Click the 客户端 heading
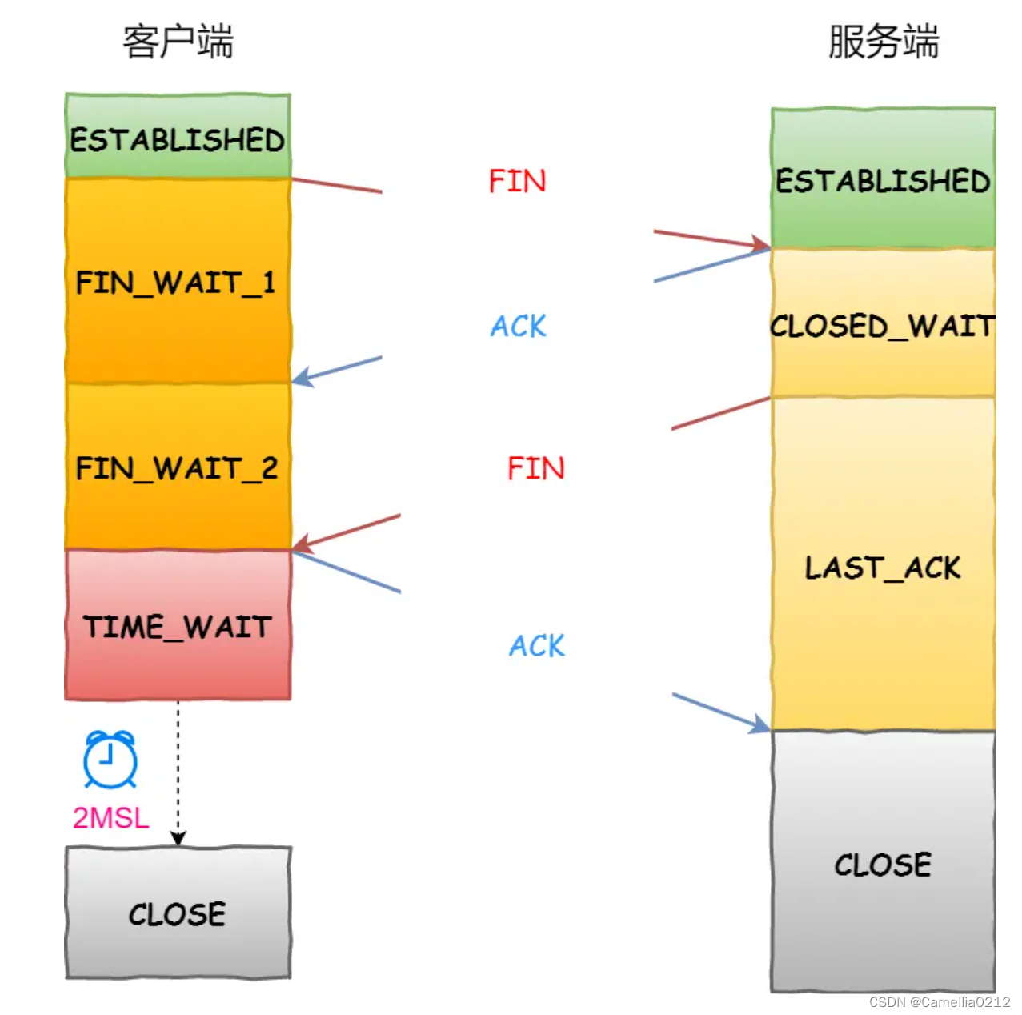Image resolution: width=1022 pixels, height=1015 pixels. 177,42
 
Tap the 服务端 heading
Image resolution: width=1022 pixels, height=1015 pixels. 883,42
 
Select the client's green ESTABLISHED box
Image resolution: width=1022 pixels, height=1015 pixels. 178,137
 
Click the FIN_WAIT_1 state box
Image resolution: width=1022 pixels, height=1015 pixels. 178,281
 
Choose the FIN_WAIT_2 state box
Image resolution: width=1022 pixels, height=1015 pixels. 178,467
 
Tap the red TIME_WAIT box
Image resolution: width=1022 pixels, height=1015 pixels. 178,625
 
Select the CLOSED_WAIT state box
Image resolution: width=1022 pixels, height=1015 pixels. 883,324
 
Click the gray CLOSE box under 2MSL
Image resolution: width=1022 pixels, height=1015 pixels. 178,913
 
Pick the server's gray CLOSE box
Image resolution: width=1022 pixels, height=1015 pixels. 883,863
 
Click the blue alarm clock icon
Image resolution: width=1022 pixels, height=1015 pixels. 110,759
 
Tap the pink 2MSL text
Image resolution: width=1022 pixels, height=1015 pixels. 110,817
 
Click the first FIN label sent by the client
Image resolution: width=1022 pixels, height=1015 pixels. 517,181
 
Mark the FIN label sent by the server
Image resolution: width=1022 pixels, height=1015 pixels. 535,467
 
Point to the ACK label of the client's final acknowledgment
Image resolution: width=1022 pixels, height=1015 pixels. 536,645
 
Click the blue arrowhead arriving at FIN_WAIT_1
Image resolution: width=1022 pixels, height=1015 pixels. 301,378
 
